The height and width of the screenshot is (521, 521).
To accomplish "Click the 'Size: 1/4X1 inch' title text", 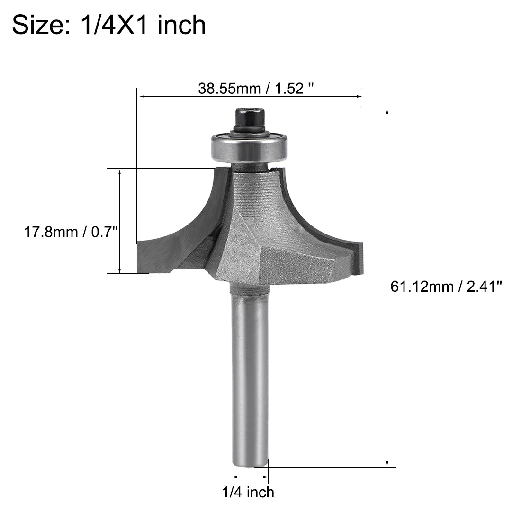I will click(109, 25).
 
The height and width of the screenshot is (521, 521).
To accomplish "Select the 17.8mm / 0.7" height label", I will click(70, 233).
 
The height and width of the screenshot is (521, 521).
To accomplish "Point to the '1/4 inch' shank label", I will click(248, 492).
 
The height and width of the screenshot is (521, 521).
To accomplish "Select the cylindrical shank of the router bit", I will click(250, 374).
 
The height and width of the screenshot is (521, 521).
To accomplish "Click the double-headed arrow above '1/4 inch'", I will click(250, 477).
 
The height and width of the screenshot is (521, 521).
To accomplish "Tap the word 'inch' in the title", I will click(183, 25).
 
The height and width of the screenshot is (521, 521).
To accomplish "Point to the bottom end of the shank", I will click(250, 462).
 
